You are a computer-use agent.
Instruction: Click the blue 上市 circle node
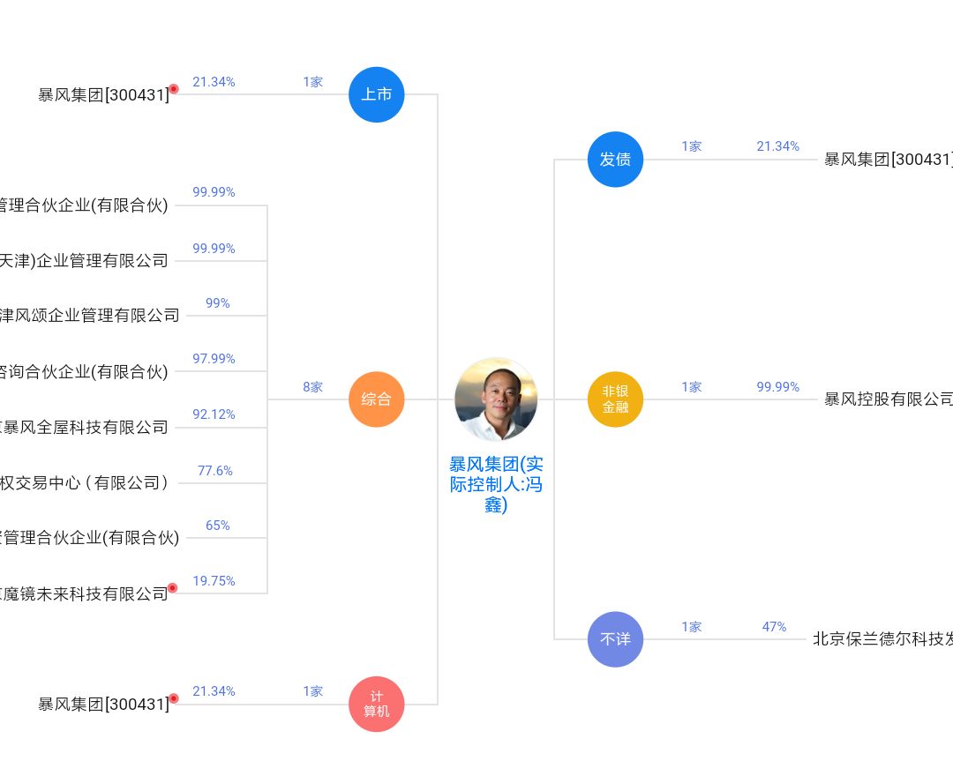point(377,93)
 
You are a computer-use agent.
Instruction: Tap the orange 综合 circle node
point(377,399)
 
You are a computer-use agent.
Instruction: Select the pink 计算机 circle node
point(377,704)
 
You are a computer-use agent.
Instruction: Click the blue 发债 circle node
point(615,160)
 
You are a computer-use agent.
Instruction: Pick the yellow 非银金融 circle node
point(615,399)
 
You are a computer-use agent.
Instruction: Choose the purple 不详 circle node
point(615,639)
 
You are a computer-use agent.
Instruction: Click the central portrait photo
point(496,399)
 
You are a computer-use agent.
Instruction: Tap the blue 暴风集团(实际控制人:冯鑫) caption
point(496,484)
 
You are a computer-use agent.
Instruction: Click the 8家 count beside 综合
point(313,387)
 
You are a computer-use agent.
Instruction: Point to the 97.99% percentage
point(214,359)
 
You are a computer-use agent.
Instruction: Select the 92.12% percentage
point(214,414)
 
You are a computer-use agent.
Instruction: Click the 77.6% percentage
point(215,471)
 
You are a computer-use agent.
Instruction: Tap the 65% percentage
point(218,526)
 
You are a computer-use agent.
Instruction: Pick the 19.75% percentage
point(214,581)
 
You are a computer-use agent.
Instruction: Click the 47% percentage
point(774,627)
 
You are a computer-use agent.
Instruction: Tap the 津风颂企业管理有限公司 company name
point(89,316)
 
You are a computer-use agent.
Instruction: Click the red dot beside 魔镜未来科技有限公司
point(173,588)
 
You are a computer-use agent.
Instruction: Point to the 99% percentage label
point(218,303)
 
